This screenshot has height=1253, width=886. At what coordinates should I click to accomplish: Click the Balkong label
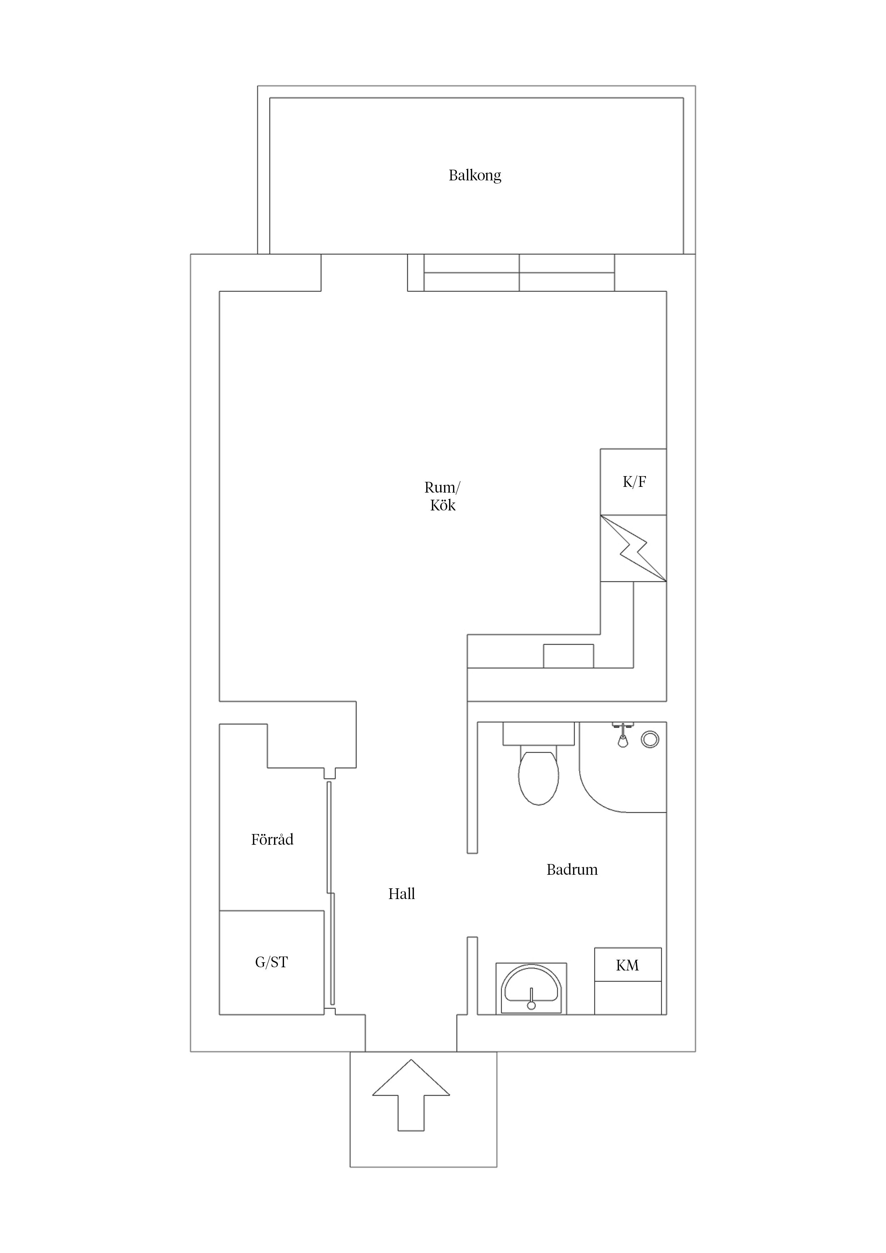coord(474,175)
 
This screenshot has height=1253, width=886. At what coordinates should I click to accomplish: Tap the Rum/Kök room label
coord(442,496)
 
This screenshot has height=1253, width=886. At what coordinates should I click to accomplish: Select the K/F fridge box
coord(633,482)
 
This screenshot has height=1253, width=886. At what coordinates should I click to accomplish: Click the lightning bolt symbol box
coord(633,548)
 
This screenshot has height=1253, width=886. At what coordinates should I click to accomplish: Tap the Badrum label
coord(572,869)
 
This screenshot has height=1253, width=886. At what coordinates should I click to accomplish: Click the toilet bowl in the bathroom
coord(538,777)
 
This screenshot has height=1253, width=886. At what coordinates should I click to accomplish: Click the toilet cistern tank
coord(538,733)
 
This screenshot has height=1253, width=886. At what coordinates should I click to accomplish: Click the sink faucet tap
coord(531,998)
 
